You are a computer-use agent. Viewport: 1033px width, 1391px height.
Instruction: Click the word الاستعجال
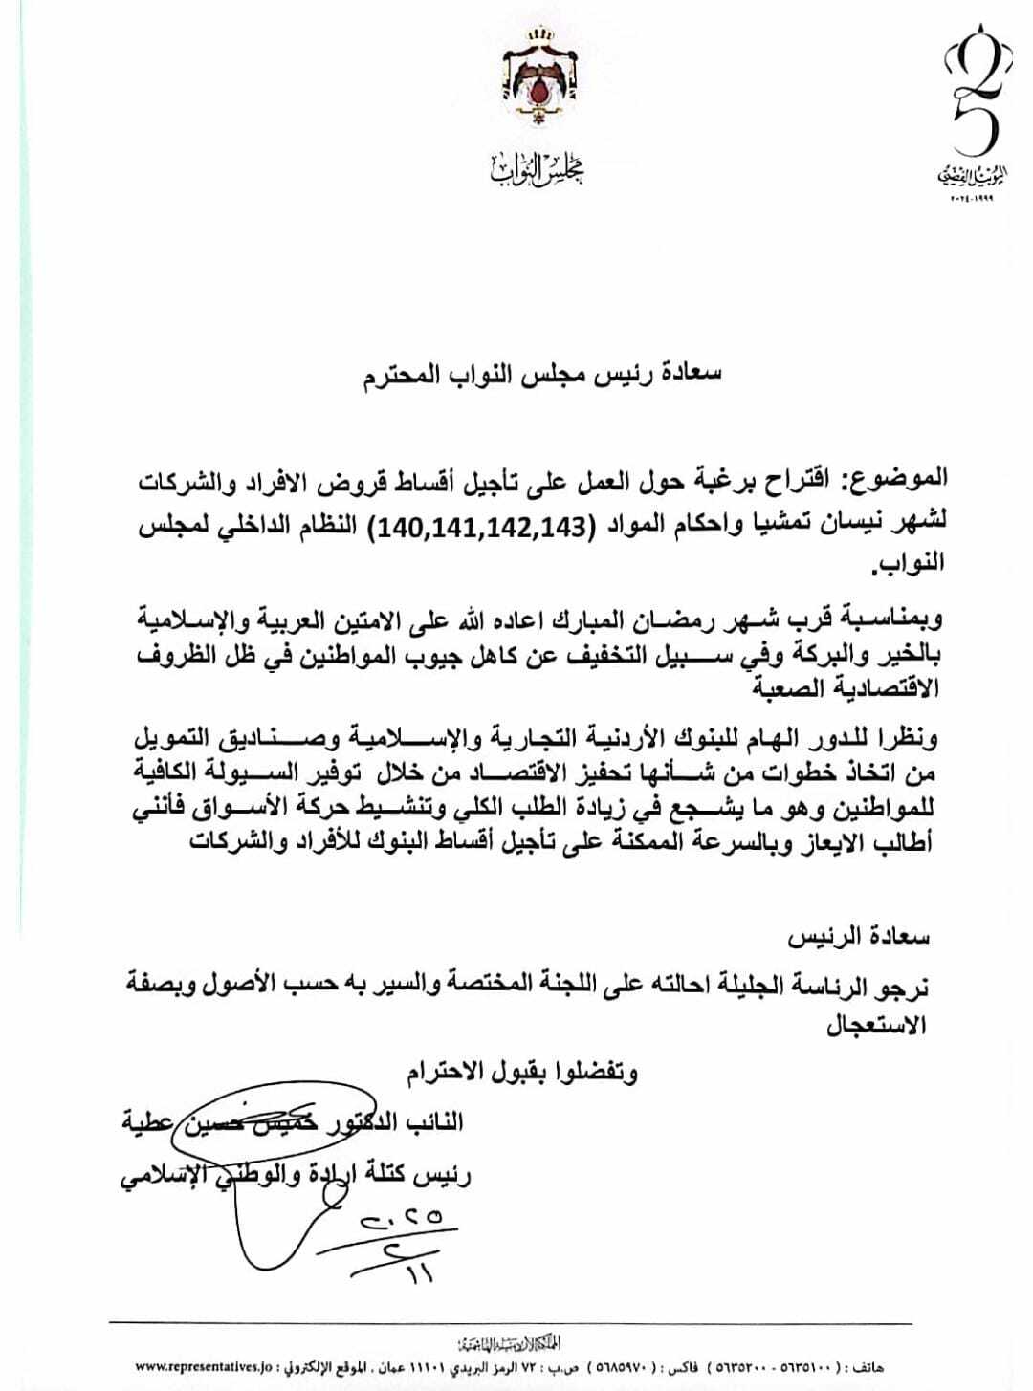pos(877,1026)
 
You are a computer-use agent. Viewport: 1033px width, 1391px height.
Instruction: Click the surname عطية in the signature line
pos(146,1119)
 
